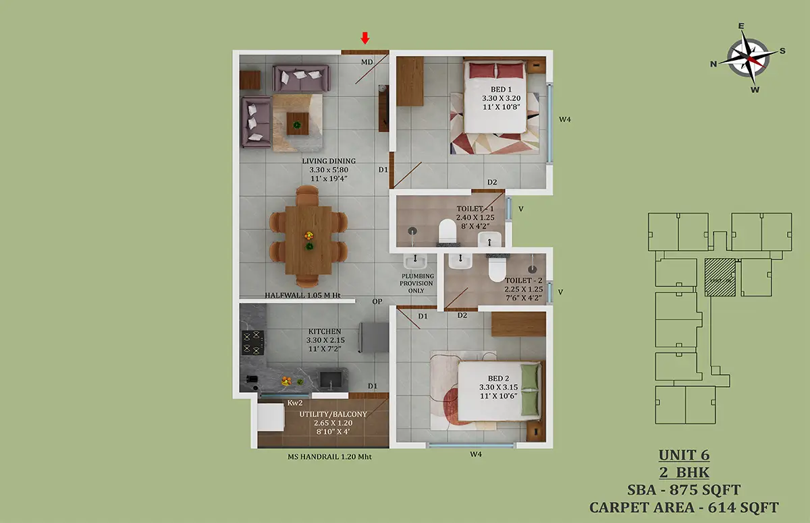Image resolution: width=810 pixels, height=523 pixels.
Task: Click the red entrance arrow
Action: click(x=365, y=38)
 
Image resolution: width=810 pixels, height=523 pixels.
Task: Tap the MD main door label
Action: click(x=367, y=62)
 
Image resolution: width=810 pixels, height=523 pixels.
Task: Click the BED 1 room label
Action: click(x=501, y=89)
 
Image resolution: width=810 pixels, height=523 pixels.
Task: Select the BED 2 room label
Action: click(x=498, y=378)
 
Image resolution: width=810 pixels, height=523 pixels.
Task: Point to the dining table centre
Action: click(x=308, y=240)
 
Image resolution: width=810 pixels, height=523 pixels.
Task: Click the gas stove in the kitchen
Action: click(x=252, y=342)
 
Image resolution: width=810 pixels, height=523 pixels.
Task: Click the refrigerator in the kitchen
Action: click(x=374, y=338)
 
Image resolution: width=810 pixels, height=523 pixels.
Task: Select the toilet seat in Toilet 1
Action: click(x=448, y=232)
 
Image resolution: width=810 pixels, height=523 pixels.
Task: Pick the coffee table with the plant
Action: click(x=298, y=123)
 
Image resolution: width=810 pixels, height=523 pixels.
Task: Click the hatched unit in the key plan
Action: click(x=720, y=277)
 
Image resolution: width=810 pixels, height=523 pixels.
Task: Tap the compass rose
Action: click(x=748, y=59)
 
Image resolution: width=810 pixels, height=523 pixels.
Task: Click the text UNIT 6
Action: click(x=684, y=455)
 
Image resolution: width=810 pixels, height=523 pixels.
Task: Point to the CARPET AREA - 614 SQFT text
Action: click(x=684, y=507)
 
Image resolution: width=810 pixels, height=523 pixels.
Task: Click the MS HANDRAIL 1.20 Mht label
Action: click(x=329, y=456)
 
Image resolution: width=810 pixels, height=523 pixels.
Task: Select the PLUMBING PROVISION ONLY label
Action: click(x=416, y=283)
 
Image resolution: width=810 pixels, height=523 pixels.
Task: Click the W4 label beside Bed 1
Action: click(x=565, y=119)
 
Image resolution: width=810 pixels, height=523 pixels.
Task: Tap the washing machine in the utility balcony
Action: click(x=271, y=417)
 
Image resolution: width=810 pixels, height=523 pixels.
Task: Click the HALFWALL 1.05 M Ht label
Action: click(x=302, y=295)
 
